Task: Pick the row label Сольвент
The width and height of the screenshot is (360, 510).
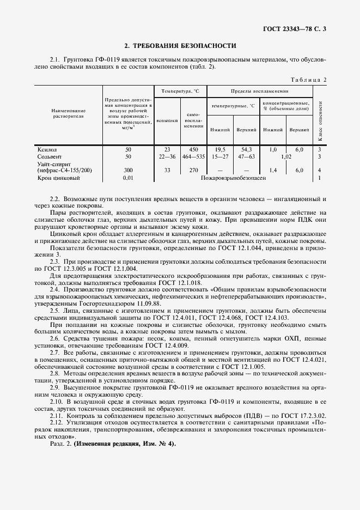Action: pos(49,156)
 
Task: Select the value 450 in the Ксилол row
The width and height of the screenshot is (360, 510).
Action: pos(193,149)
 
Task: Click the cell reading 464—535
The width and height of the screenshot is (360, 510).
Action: pos(193,156)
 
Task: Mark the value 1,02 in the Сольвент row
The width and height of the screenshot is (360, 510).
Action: pos(286,157)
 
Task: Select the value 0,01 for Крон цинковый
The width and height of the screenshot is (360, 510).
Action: pos(129,178)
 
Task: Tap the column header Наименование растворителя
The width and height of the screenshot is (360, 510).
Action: pos(68,113)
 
